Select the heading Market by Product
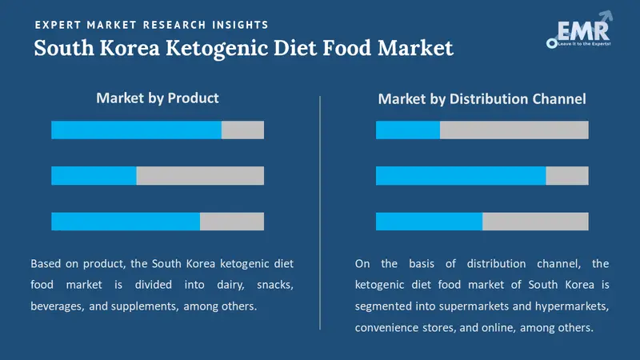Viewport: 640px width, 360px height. coord(158,98)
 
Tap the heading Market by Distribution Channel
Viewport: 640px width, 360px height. coord(482,99)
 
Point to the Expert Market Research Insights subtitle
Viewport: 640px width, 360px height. coord(152,26)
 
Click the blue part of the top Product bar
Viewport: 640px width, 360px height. coord(136,130)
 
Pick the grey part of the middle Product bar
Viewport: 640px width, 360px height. coord(200,176)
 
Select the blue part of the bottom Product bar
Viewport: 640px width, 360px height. coord(126,222)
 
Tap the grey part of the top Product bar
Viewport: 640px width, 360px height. coord(242,130)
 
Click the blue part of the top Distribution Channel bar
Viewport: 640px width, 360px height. coord(408,130)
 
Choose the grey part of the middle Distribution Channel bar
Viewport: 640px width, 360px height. coord(567,176)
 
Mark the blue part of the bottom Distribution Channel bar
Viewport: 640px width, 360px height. coord(429,222)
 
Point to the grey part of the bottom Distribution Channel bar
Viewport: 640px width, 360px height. coord(535,222)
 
